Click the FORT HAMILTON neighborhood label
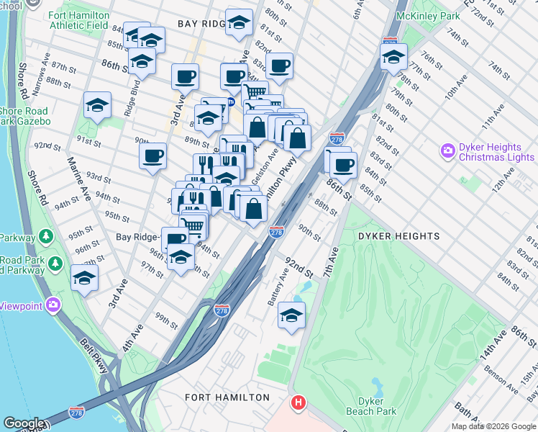click(227, 397)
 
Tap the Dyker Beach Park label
click(376, 406)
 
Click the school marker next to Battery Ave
click(291, 315)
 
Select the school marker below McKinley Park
click(393, 57)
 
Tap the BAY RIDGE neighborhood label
click(202, 24)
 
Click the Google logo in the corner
click(23, 423)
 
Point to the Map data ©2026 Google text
click(493, 426)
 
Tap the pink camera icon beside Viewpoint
click(53, 305)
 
